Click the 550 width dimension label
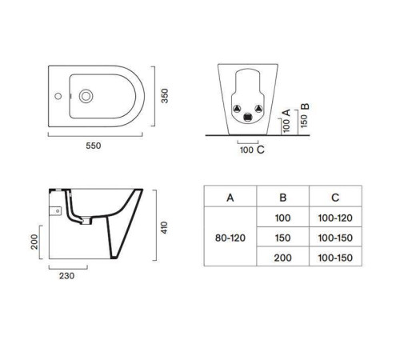click(x=94, y=146)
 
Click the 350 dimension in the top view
click(x=165, y=96)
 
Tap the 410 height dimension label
click(x=164, y=227)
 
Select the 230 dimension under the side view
click(x=66, y=276)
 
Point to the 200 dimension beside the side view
click(x=34, y=242)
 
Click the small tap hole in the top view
click(x=58, y=96)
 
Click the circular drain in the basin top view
click(x=86, y=96)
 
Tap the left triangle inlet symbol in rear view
click(x=237, y=109)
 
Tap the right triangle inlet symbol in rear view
click(x=258, y=109)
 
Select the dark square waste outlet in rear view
click(x=248, y=117)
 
